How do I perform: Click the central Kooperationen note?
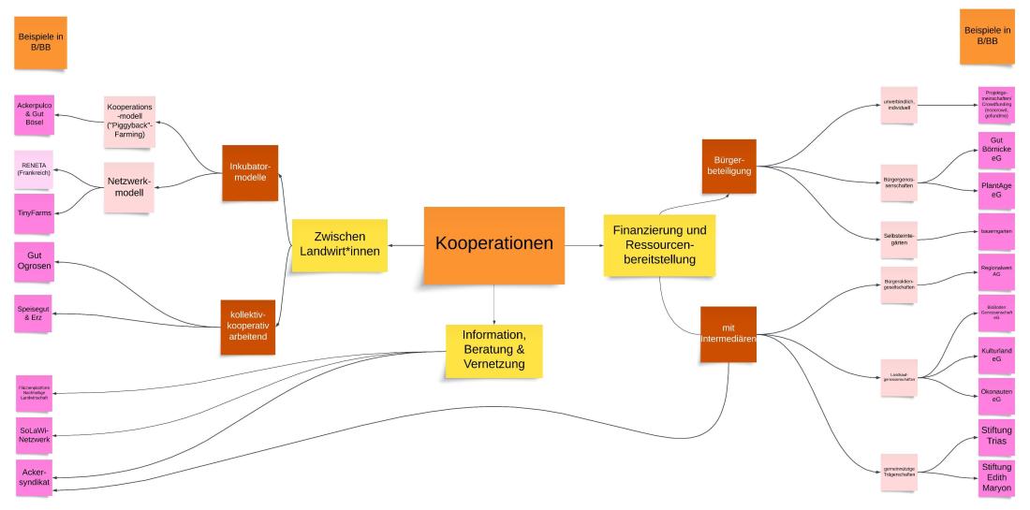[493, 244]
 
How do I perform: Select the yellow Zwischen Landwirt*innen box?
[338, 245]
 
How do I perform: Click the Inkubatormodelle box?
[250, 172]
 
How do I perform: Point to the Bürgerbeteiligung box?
[728, 166]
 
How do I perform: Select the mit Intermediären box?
[728, 334]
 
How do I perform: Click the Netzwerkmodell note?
[129, 185]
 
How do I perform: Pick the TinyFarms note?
[35, 212]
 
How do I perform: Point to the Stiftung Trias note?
[996, 436]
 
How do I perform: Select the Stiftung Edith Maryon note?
[996, 480]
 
